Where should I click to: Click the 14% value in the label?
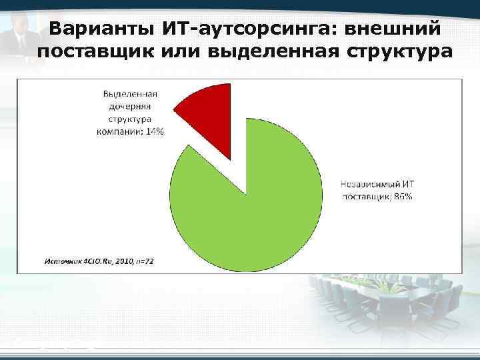155,131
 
